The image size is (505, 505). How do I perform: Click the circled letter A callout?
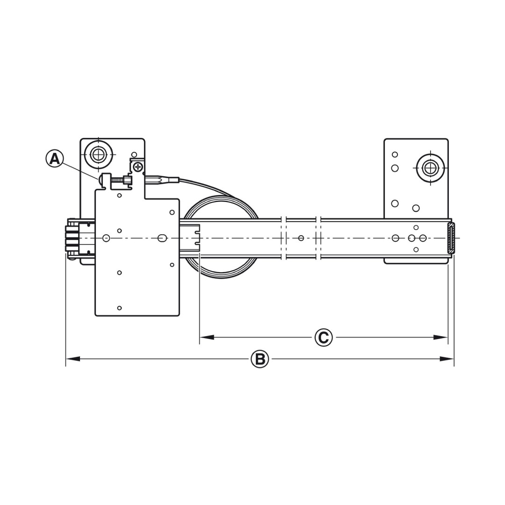pyautogui.click(x=54, y=159)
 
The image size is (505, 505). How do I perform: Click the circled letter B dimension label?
pyautogui.click(x=260, y=359)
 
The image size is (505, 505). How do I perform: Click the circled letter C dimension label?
pyautogui.click(x=324, y=338)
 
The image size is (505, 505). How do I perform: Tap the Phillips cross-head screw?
pyautogui.click(x=138, y=167)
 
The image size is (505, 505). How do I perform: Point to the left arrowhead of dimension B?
pyautogui.click(x=73, y=359)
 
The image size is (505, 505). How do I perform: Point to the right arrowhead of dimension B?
pyautogui.click(x=447, y=359)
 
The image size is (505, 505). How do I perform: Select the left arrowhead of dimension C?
pyautogui.click(x=207, y=338)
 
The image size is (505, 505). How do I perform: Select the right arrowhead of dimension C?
pyautogui.click(x=440, y=338)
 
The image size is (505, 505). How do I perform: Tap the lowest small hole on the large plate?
pyautogui.click(x=120, y=308)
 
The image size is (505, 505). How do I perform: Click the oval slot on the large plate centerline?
pyautogui.click(x=162, y=238)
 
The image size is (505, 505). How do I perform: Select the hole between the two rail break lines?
pyautogui.click(x=301, y=238)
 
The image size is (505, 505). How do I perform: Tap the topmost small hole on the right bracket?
pyautogui.click(x=395, y=155)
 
